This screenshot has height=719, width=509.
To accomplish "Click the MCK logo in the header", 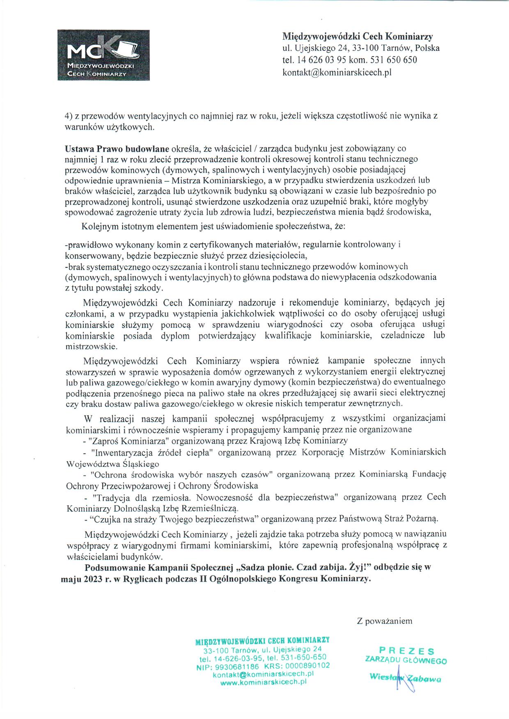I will pos(98,55).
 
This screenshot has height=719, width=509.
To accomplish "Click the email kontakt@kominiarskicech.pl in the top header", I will pos(337,72).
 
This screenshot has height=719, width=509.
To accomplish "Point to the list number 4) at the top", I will pos(69,116).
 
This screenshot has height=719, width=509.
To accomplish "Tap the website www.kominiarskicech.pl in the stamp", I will pos(264,682).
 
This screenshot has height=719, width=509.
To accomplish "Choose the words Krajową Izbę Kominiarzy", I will pos(299,441).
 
